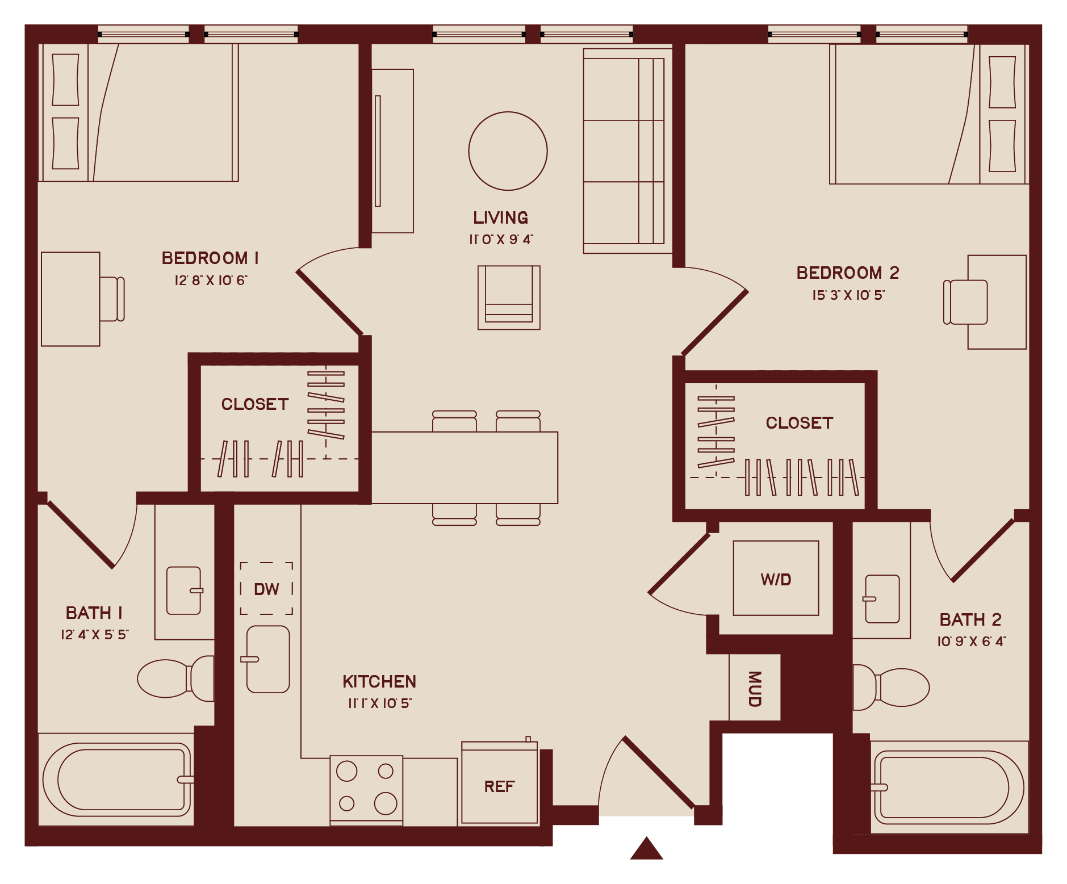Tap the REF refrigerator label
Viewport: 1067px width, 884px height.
click(499, 786)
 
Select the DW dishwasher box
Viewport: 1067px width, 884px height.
click(266, 589)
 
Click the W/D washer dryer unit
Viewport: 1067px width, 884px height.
click(776, 578)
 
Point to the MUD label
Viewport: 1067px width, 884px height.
click(755, 688)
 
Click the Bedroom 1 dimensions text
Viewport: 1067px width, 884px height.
click(211, 280)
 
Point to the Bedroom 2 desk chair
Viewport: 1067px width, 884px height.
click(965, 302)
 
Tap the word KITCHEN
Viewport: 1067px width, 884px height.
click(379, 681)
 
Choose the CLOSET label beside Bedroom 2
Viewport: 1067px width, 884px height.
click(799, 423)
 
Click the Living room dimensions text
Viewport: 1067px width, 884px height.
click(501, 240)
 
